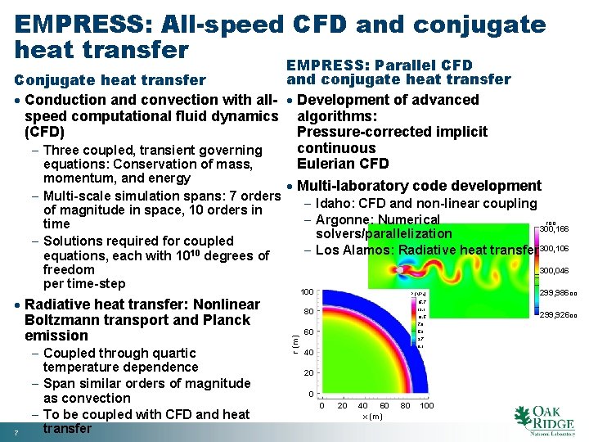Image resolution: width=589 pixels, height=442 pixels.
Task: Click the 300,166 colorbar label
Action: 554,229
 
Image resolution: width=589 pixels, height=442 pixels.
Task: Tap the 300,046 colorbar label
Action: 554,269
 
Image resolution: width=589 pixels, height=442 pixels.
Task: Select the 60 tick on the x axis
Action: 384,405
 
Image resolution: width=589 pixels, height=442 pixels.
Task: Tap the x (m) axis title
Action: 372,416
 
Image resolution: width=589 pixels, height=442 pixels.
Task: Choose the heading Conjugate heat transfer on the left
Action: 110,79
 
